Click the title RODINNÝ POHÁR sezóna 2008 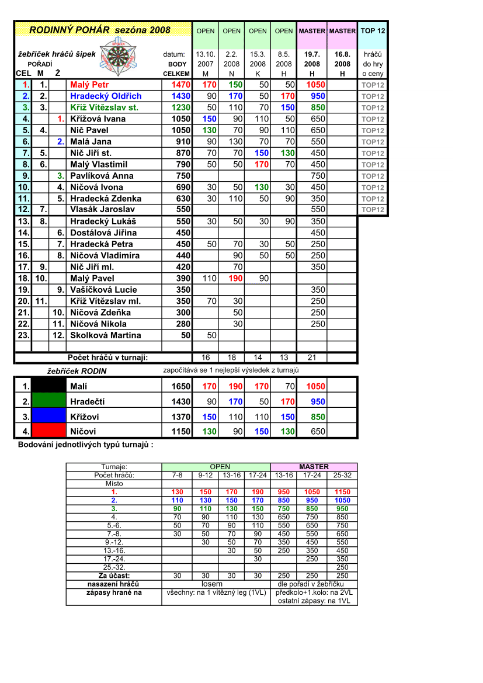pyautogui.click(x=100, y=30)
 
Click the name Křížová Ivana pyautogui.click(x=98, y=119)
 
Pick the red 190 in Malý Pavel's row pyautogui.click(x=235, y=278)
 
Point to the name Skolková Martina pyautogui.click(x=105, y=335)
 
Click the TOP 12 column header pyautogui.click(x=373, y=31)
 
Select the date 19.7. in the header pyautogui.click(x=312, y=54)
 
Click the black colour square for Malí pyautogui.click(x=48, y=386)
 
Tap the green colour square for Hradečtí pyautogui.click(x=48, y=401)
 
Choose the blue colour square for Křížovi pyautogui.click(x=48, y=417)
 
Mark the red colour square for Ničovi pyautogui.click(x=48, y=431)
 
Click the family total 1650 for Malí pyautogui.click(x=180, y=386)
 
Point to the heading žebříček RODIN pyautogui.click(x=77, y=370)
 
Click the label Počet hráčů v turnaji pyautogui.click(x=107, y=357)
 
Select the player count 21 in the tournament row pyautogui.click(x=312, y=357)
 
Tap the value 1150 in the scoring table pyautogui.click(x=343, y=492)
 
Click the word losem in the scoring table pyautogui.click(x=211, y=584)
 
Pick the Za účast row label pyautogui.click(x=114, y=575)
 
